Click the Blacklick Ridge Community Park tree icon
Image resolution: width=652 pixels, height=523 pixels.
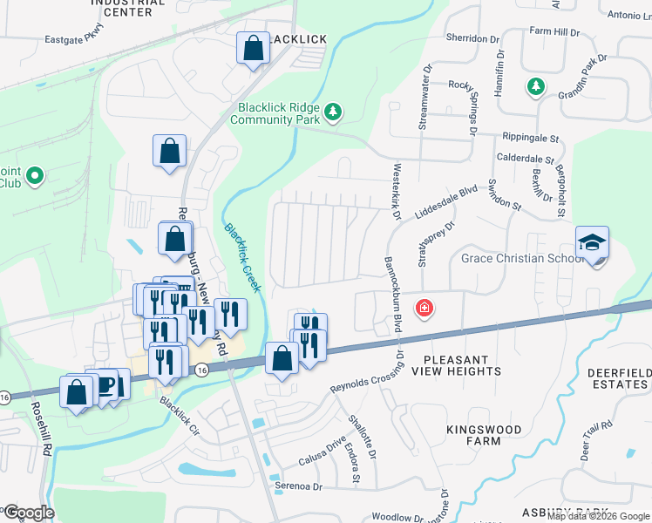tap(332, 112)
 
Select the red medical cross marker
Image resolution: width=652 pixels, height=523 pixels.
tap(424, 309)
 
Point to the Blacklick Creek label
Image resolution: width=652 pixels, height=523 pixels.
tap(243, 257)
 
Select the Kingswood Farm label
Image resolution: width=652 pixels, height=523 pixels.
tap(486, 435)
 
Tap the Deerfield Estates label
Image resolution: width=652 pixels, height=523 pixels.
tap(619, 378)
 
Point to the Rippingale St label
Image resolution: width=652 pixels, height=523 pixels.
tap(529, 138)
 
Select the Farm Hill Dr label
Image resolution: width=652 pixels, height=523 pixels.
tap(554, 32)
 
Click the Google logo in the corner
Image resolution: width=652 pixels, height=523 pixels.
tap(28, 513)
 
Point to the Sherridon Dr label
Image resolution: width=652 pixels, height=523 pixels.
tap(475, 39)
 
